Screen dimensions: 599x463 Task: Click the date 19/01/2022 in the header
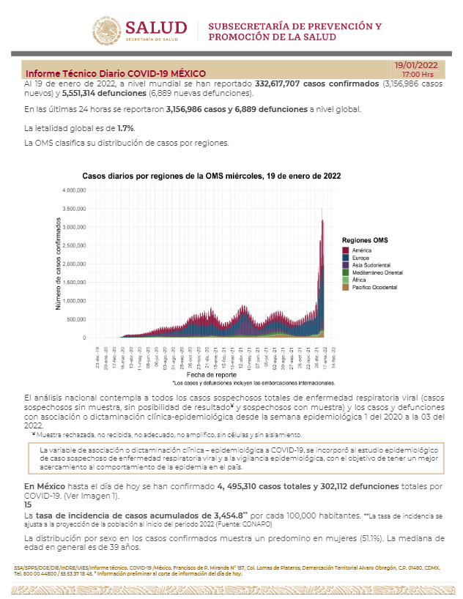coord(417,65)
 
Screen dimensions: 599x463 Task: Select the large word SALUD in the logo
coord(156,27)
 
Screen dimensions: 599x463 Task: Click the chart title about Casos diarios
coord(211,176)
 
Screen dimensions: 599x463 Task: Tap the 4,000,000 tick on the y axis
coord(75,190)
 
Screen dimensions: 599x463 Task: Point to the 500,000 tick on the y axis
coord(78,319)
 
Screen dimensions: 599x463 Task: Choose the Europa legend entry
coord(361,258)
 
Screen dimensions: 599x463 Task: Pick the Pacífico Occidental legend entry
coord(374,287)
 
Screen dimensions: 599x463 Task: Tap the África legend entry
coord(360,280)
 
